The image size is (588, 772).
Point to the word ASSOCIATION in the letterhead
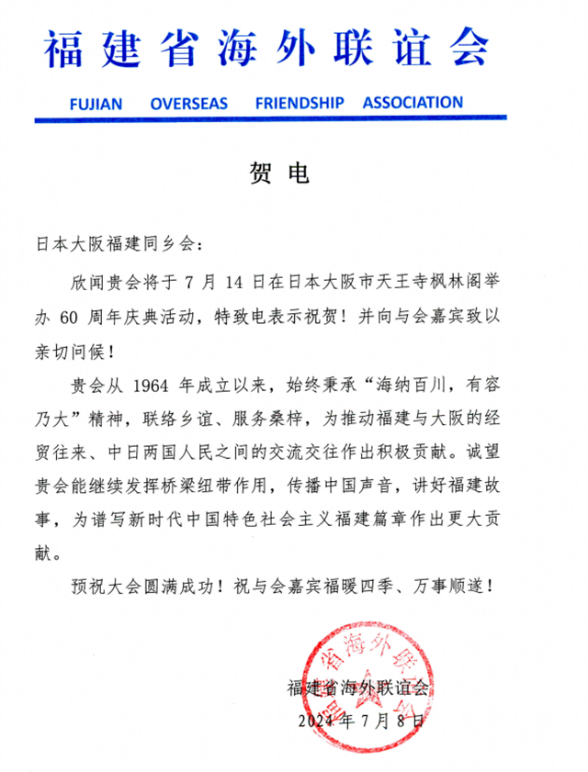coord(413,102)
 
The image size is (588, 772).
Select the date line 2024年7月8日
coord(363,722)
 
